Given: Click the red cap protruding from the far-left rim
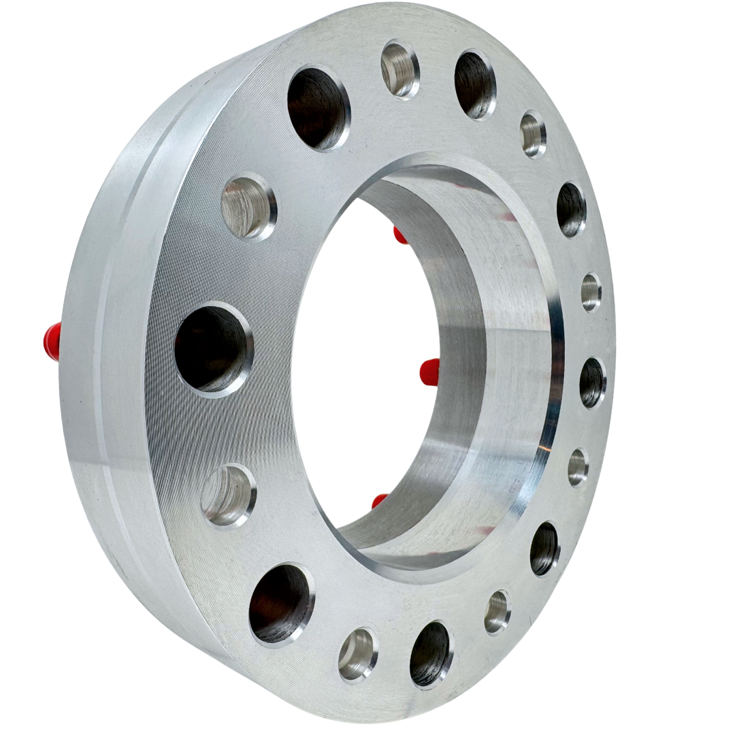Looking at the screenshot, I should tap(52, 341).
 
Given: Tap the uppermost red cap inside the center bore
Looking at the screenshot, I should tap(400, 235).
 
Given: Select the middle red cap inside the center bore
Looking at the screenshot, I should tap(429, 372).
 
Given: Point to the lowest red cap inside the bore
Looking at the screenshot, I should tap(380, 502).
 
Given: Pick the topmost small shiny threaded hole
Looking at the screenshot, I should tap(400, 69).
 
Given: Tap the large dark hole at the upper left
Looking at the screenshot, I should tap(318, 108).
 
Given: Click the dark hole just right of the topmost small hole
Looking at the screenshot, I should tap(475, 84).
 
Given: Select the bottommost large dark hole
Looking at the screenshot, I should tap(431, 653).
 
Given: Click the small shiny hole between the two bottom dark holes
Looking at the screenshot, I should tap(358, 653).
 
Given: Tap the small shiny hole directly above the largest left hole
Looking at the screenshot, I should tap(249, 208).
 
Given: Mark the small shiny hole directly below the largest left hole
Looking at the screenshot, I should tap(229, 495).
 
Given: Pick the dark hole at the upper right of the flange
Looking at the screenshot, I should tap(571, 209).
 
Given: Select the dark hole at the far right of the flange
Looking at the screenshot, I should tap(592, 382).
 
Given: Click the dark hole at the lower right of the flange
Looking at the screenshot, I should tap(544, 549).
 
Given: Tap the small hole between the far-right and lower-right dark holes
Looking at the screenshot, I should tap(578, 467).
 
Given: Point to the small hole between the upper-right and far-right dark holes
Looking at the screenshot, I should tap(591, 292).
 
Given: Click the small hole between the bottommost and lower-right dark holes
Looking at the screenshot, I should tap(497, 611).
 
